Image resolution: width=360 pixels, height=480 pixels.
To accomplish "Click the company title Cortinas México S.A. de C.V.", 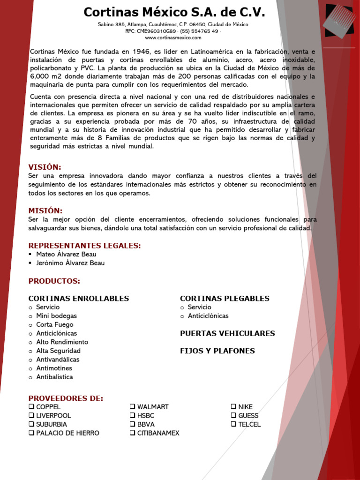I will point(174,12).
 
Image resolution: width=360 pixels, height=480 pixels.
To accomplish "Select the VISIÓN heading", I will point(45,167).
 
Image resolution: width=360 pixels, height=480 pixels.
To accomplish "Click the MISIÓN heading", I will point(45,210).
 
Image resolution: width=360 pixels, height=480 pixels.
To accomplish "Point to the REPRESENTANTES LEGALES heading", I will point(84,246).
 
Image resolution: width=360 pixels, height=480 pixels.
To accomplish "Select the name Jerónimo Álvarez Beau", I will point(70,263).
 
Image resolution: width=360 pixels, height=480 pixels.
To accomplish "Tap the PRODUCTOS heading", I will point(54,281).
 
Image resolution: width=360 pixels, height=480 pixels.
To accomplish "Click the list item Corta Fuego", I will point(55,324).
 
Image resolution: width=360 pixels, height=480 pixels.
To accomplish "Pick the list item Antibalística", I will point(54,377).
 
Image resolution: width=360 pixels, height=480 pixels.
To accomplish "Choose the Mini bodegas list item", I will point(56,316).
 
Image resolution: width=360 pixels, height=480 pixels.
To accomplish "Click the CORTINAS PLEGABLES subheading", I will point(225,299).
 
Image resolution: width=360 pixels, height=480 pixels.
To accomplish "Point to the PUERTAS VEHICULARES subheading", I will point(227,333).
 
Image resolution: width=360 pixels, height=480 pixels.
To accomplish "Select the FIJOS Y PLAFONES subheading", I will point(217,351).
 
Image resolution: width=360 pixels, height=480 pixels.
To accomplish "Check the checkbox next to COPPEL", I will point(31,407).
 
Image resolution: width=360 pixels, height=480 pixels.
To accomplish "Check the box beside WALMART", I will point(133,407).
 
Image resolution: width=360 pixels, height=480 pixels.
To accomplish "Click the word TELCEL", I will point(249,424).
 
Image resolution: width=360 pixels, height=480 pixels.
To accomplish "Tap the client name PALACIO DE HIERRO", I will point(67,433).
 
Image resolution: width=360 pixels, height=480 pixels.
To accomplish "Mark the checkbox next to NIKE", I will point(234,407).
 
